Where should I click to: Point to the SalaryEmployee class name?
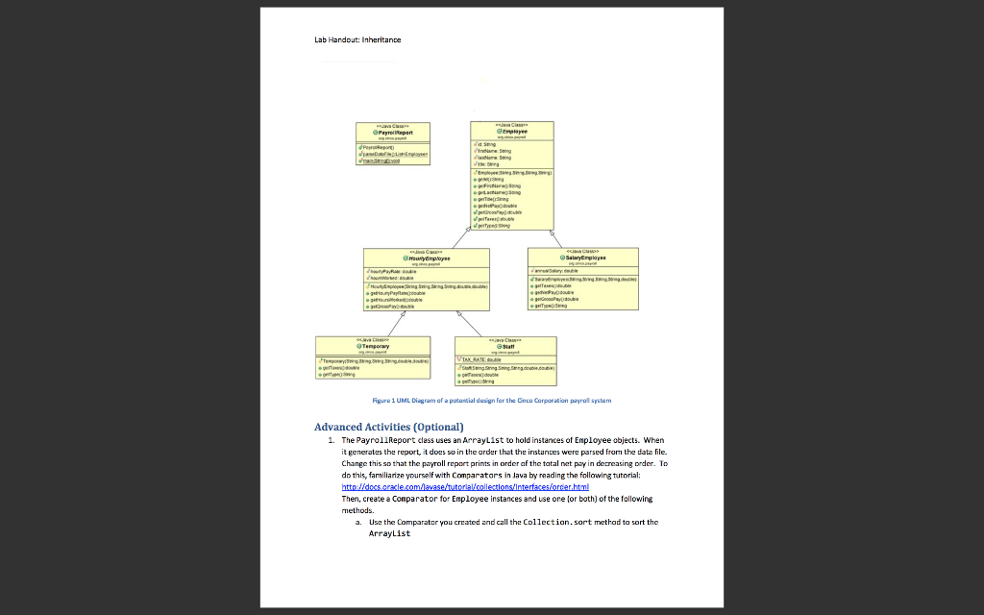pos(582,258)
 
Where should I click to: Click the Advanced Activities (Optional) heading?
pos(389,427)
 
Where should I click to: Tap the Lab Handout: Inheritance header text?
pos(357,39)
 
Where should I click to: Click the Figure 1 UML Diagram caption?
pos(491,400)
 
